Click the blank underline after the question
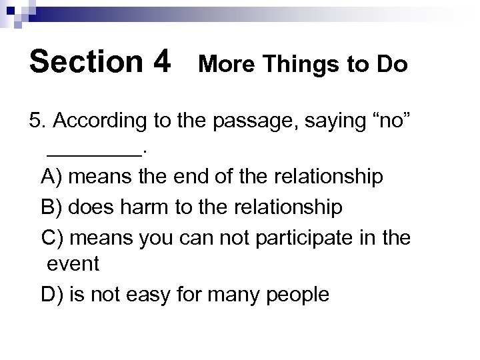pos(94,152)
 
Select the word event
pos(73,265)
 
